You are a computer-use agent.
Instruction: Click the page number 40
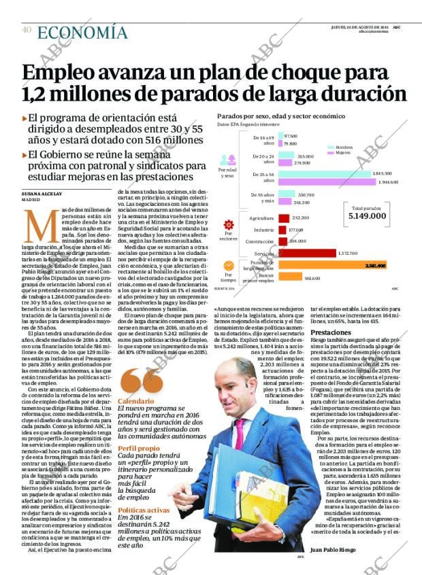(27, 30)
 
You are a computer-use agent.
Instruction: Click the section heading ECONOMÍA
(82, 32)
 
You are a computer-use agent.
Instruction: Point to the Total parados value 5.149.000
(367, 216)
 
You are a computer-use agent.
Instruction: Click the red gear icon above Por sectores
(229, 225)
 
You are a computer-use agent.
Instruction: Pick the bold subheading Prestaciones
(330, 332)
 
